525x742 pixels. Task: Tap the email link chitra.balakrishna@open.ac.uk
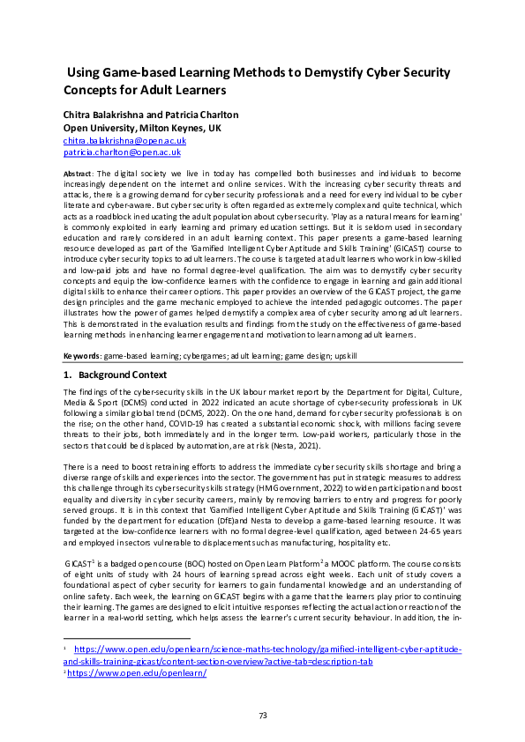point(124,140)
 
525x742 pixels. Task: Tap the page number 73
point(262,715)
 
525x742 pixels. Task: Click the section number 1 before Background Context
point(67,375)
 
